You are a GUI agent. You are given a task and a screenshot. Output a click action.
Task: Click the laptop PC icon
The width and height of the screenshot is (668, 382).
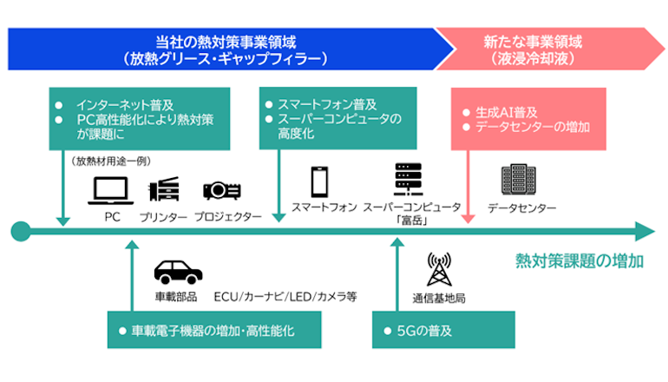pyautogui.click(x=110, y=188)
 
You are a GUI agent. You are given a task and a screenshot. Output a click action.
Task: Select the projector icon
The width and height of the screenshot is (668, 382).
pyautogui.click(x=221, y=189)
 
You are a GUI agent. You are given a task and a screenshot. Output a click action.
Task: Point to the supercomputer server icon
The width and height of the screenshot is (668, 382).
pyautogui.click(x=405, y=181)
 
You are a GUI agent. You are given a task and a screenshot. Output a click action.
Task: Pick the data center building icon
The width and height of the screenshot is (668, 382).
pyautogui.click(x=520, y=180)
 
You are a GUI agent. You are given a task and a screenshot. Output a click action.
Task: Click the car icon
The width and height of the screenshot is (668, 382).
pyautogui.click(x=178, y=271)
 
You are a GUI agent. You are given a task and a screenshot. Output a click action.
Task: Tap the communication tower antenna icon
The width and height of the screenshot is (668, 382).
pyautogui.click(x=437, y=270)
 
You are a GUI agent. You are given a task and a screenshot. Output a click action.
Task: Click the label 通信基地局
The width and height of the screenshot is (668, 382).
pyautogui.click(x=438, y=298)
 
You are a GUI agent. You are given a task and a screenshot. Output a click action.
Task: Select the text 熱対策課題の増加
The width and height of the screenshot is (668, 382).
pyautogui.click(x=579, y=260)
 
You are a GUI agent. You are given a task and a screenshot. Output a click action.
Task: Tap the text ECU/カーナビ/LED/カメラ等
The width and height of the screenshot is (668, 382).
pyautogui.click(x=285, y=297)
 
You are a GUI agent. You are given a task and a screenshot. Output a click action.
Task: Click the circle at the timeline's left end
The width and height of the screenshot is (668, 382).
pyautogui.click(x=21, y=232)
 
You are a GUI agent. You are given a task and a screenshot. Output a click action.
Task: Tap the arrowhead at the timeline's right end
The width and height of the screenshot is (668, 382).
pyautogui.click(x=644, y=232)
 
